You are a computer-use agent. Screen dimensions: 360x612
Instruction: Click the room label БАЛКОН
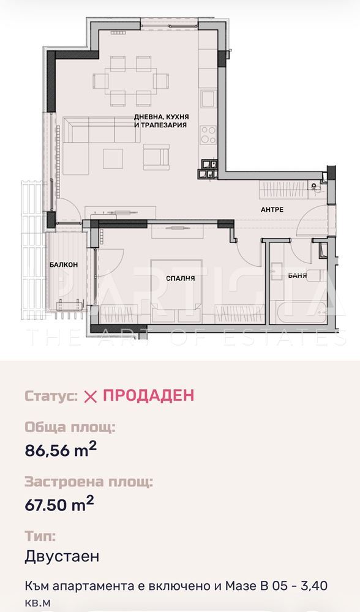click(64, 264)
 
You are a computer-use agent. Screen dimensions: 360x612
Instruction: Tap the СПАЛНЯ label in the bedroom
click(180, 278)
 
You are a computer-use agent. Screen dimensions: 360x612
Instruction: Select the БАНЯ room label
click(298, 275)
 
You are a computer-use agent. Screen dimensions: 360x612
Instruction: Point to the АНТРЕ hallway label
click(272, 209)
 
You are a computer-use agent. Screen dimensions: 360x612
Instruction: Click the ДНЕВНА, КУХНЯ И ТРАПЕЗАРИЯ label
click(161, 121)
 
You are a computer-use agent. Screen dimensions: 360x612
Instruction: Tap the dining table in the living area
click(131, 81)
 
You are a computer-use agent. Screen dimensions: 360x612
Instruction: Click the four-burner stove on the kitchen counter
click(208, 135)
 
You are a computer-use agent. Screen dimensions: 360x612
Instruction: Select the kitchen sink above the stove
click(208, 99)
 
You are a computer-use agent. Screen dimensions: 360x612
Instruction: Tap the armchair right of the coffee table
click(157, 157)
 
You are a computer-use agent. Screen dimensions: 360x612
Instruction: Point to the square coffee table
click(113, 159)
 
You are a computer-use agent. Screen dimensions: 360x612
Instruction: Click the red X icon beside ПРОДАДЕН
click(91, 397)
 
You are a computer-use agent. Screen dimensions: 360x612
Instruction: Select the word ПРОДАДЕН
click(148, 395)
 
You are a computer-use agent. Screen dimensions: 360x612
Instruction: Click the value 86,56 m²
click(61, 450)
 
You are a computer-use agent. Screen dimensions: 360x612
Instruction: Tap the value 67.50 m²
click(59, 504)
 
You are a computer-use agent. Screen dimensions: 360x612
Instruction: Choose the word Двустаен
click(62, 556)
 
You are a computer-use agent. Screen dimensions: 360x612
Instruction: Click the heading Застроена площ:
click(89, 482)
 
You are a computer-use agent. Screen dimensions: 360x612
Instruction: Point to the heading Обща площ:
click(70, 428)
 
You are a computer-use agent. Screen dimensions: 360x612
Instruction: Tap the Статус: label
click(51, 396)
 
